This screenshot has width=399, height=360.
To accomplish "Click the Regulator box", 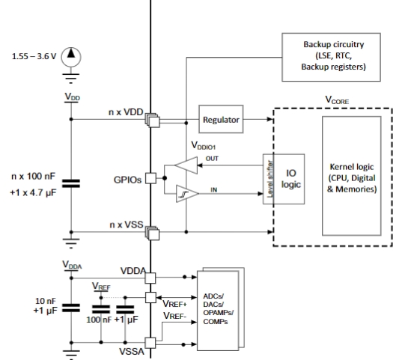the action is pos(221,119).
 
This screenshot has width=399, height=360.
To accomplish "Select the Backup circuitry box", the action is pos(331,57).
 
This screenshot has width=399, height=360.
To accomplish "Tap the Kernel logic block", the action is pos(352,176).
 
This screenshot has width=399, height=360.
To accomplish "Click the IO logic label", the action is pos(291,179).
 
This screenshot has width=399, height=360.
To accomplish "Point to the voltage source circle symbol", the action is pos(71,57).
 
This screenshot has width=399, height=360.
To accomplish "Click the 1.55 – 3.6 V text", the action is pos(34,56).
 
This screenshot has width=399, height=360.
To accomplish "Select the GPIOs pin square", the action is pos(150,178).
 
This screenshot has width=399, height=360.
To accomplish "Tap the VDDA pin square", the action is pos(150,278).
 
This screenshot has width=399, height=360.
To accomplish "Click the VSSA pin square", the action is pos(150,343).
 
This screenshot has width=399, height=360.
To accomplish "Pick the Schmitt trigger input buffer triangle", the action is pos(186,194).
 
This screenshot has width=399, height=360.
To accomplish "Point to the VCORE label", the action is pos(337,100).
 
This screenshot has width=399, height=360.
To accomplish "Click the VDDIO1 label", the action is pos(204,145).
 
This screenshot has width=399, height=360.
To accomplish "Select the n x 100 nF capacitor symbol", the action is pos(71,183).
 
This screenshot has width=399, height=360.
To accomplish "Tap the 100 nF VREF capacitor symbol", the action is pos(101,309).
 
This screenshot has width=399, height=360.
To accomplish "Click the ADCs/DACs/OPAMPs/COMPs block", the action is pos(218,311).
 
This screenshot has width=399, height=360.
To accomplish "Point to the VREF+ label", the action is pos(175,304).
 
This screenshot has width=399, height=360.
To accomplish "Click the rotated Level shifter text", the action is pos(270,179).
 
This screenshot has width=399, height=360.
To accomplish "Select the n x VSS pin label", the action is pos(127,225).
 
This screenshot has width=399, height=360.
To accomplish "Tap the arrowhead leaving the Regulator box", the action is pos(270,119).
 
